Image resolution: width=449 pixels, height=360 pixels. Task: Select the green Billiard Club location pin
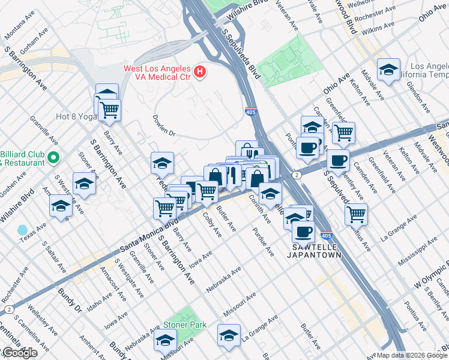(53, 158)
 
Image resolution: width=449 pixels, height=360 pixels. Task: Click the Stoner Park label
(185, 325)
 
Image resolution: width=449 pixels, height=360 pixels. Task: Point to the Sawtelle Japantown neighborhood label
(316, 251)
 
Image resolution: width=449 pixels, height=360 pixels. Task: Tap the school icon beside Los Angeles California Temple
(388, 70)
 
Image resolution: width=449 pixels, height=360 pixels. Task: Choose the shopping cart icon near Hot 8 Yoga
(109, 109)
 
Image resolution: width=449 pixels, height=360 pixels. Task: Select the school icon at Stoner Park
(165, 340)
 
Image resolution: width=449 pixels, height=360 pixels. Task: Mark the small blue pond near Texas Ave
(22, 230)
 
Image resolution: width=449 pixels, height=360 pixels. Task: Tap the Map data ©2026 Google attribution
(412, 355)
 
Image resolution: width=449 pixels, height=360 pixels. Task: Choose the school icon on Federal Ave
(162, 163)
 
